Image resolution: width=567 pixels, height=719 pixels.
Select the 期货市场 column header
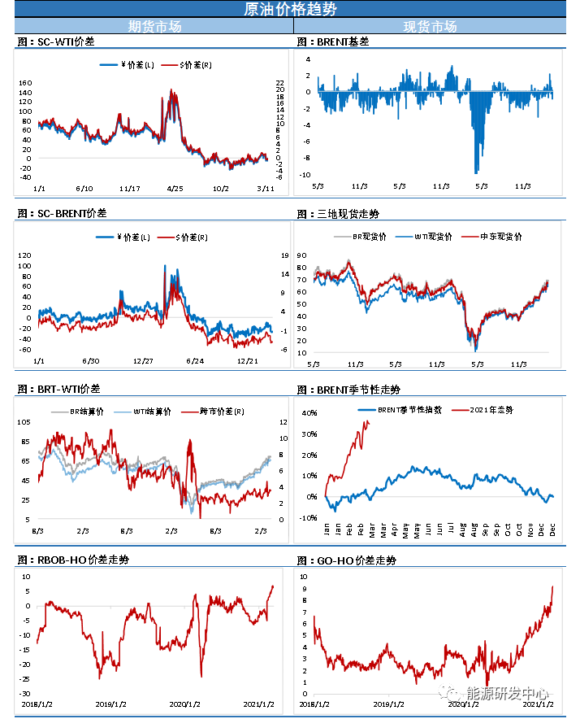154,27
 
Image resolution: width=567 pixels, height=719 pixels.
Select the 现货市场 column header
430,27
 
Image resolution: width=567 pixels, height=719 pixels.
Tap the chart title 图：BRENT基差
332,41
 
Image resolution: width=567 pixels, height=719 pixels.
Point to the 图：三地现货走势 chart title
337,214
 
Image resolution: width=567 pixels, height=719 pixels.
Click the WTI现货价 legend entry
429,237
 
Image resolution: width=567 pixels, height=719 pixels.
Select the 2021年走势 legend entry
491,408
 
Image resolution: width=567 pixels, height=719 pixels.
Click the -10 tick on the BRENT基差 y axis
305,175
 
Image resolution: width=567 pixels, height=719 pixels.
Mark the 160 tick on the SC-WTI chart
25,83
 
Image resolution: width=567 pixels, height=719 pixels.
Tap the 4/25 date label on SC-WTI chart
175,189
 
